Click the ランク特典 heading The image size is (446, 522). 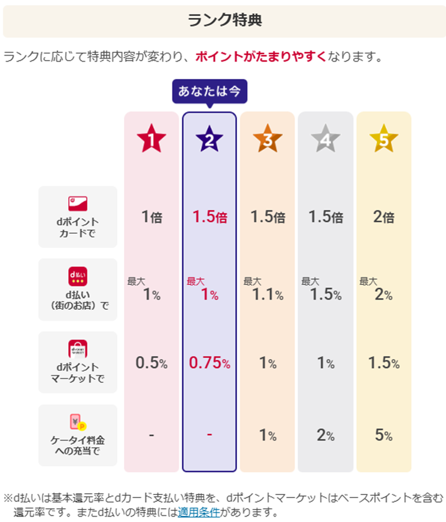(x=224, y=20)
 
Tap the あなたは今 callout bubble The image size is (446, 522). (x=209, y=92)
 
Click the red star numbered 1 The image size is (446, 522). (x=151, y=140)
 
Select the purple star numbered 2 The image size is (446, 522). (x=210, y=140)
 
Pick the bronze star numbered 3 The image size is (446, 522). (x=267, y=140)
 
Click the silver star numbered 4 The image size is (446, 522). (x=325, y=140)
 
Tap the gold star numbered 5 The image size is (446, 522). (x=383, y=140)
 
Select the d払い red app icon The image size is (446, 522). (x=78, y=275)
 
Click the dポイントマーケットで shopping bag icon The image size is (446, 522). (x=78, y=349)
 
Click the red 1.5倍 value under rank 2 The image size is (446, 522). (x=209, y=217)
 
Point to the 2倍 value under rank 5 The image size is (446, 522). (x=383, y=217)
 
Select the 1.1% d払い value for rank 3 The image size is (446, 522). (x=267, y=294)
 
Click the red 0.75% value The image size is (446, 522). (x=209, y=363)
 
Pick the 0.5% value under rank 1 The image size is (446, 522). (x=151, y=363)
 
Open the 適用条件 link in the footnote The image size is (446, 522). (x=199, y=512)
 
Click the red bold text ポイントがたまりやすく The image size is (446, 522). (x=261, y=57)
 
